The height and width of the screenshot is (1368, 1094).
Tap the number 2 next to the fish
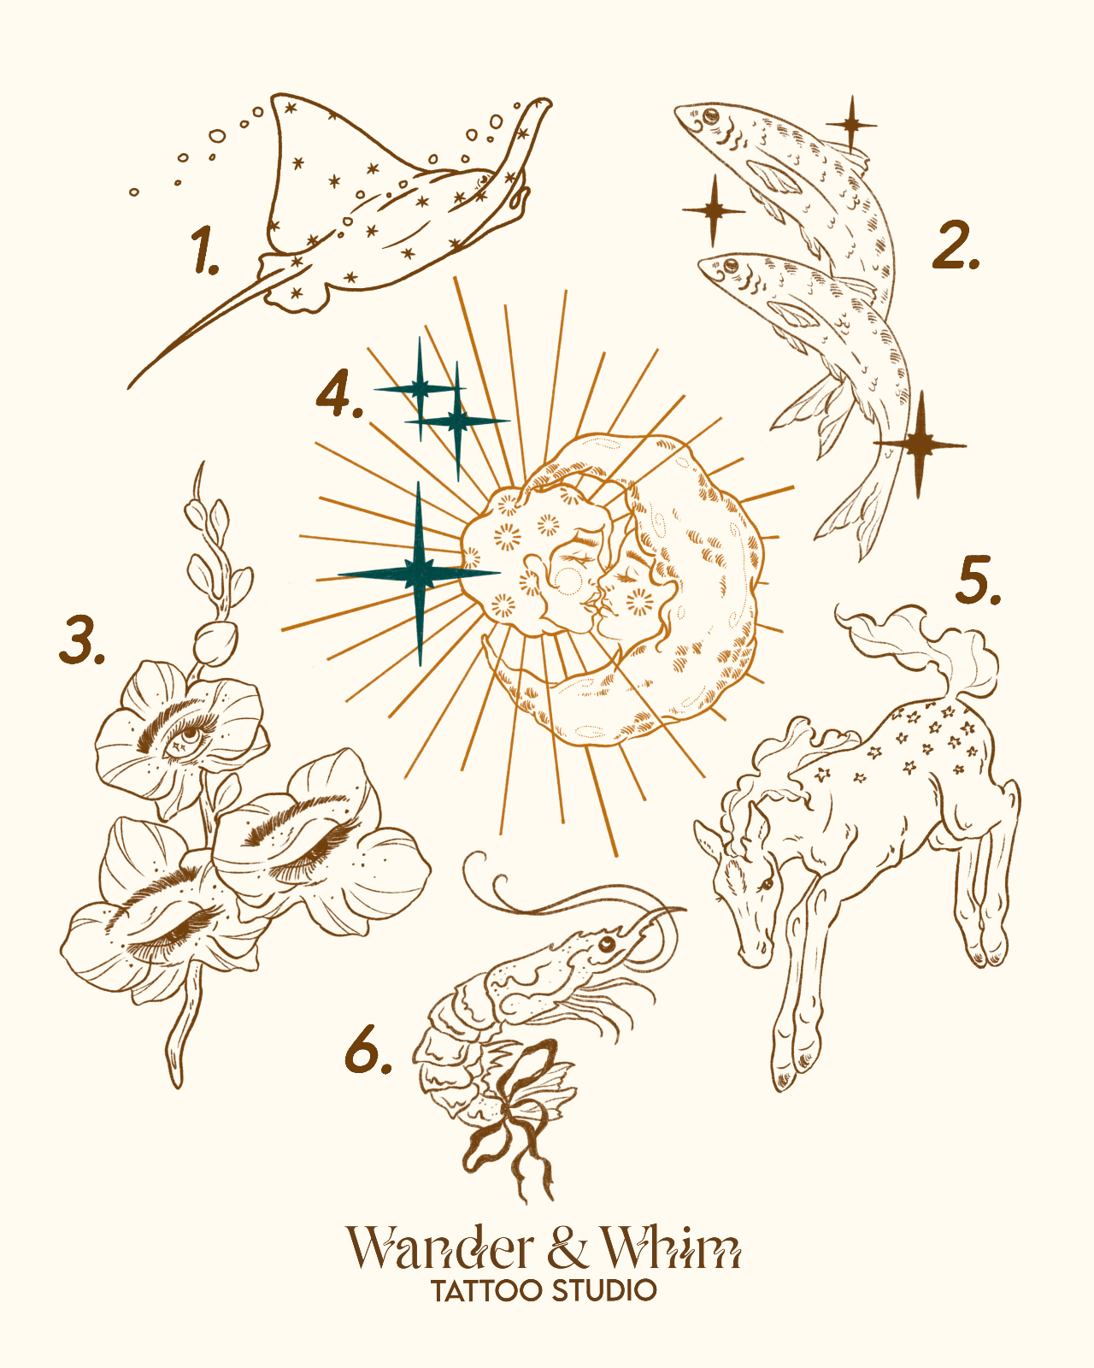coord(955,245)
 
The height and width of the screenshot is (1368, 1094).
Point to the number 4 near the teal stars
coord(339,393)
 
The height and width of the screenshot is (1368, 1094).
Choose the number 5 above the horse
coord(979,580)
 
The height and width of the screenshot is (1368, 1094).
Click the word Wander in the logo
coord(440,1248)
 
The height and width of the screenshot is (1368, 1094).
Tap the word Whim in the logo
coord(671,1248)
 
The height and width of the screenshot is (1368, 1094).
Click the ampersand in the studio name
coord(568,1248)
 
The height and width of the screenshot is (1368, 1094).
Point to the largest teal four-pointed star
coord(419,574)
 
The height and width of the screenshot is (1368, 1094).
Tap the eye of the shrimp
coord(607,943)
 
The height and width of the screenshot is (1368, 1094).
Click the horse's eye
coord(768,884)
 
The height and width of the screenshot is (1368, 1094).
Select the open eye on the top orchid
coord(188,736)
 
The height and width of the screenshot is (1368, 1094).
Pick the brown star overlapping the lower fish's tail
coord(919,445)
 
